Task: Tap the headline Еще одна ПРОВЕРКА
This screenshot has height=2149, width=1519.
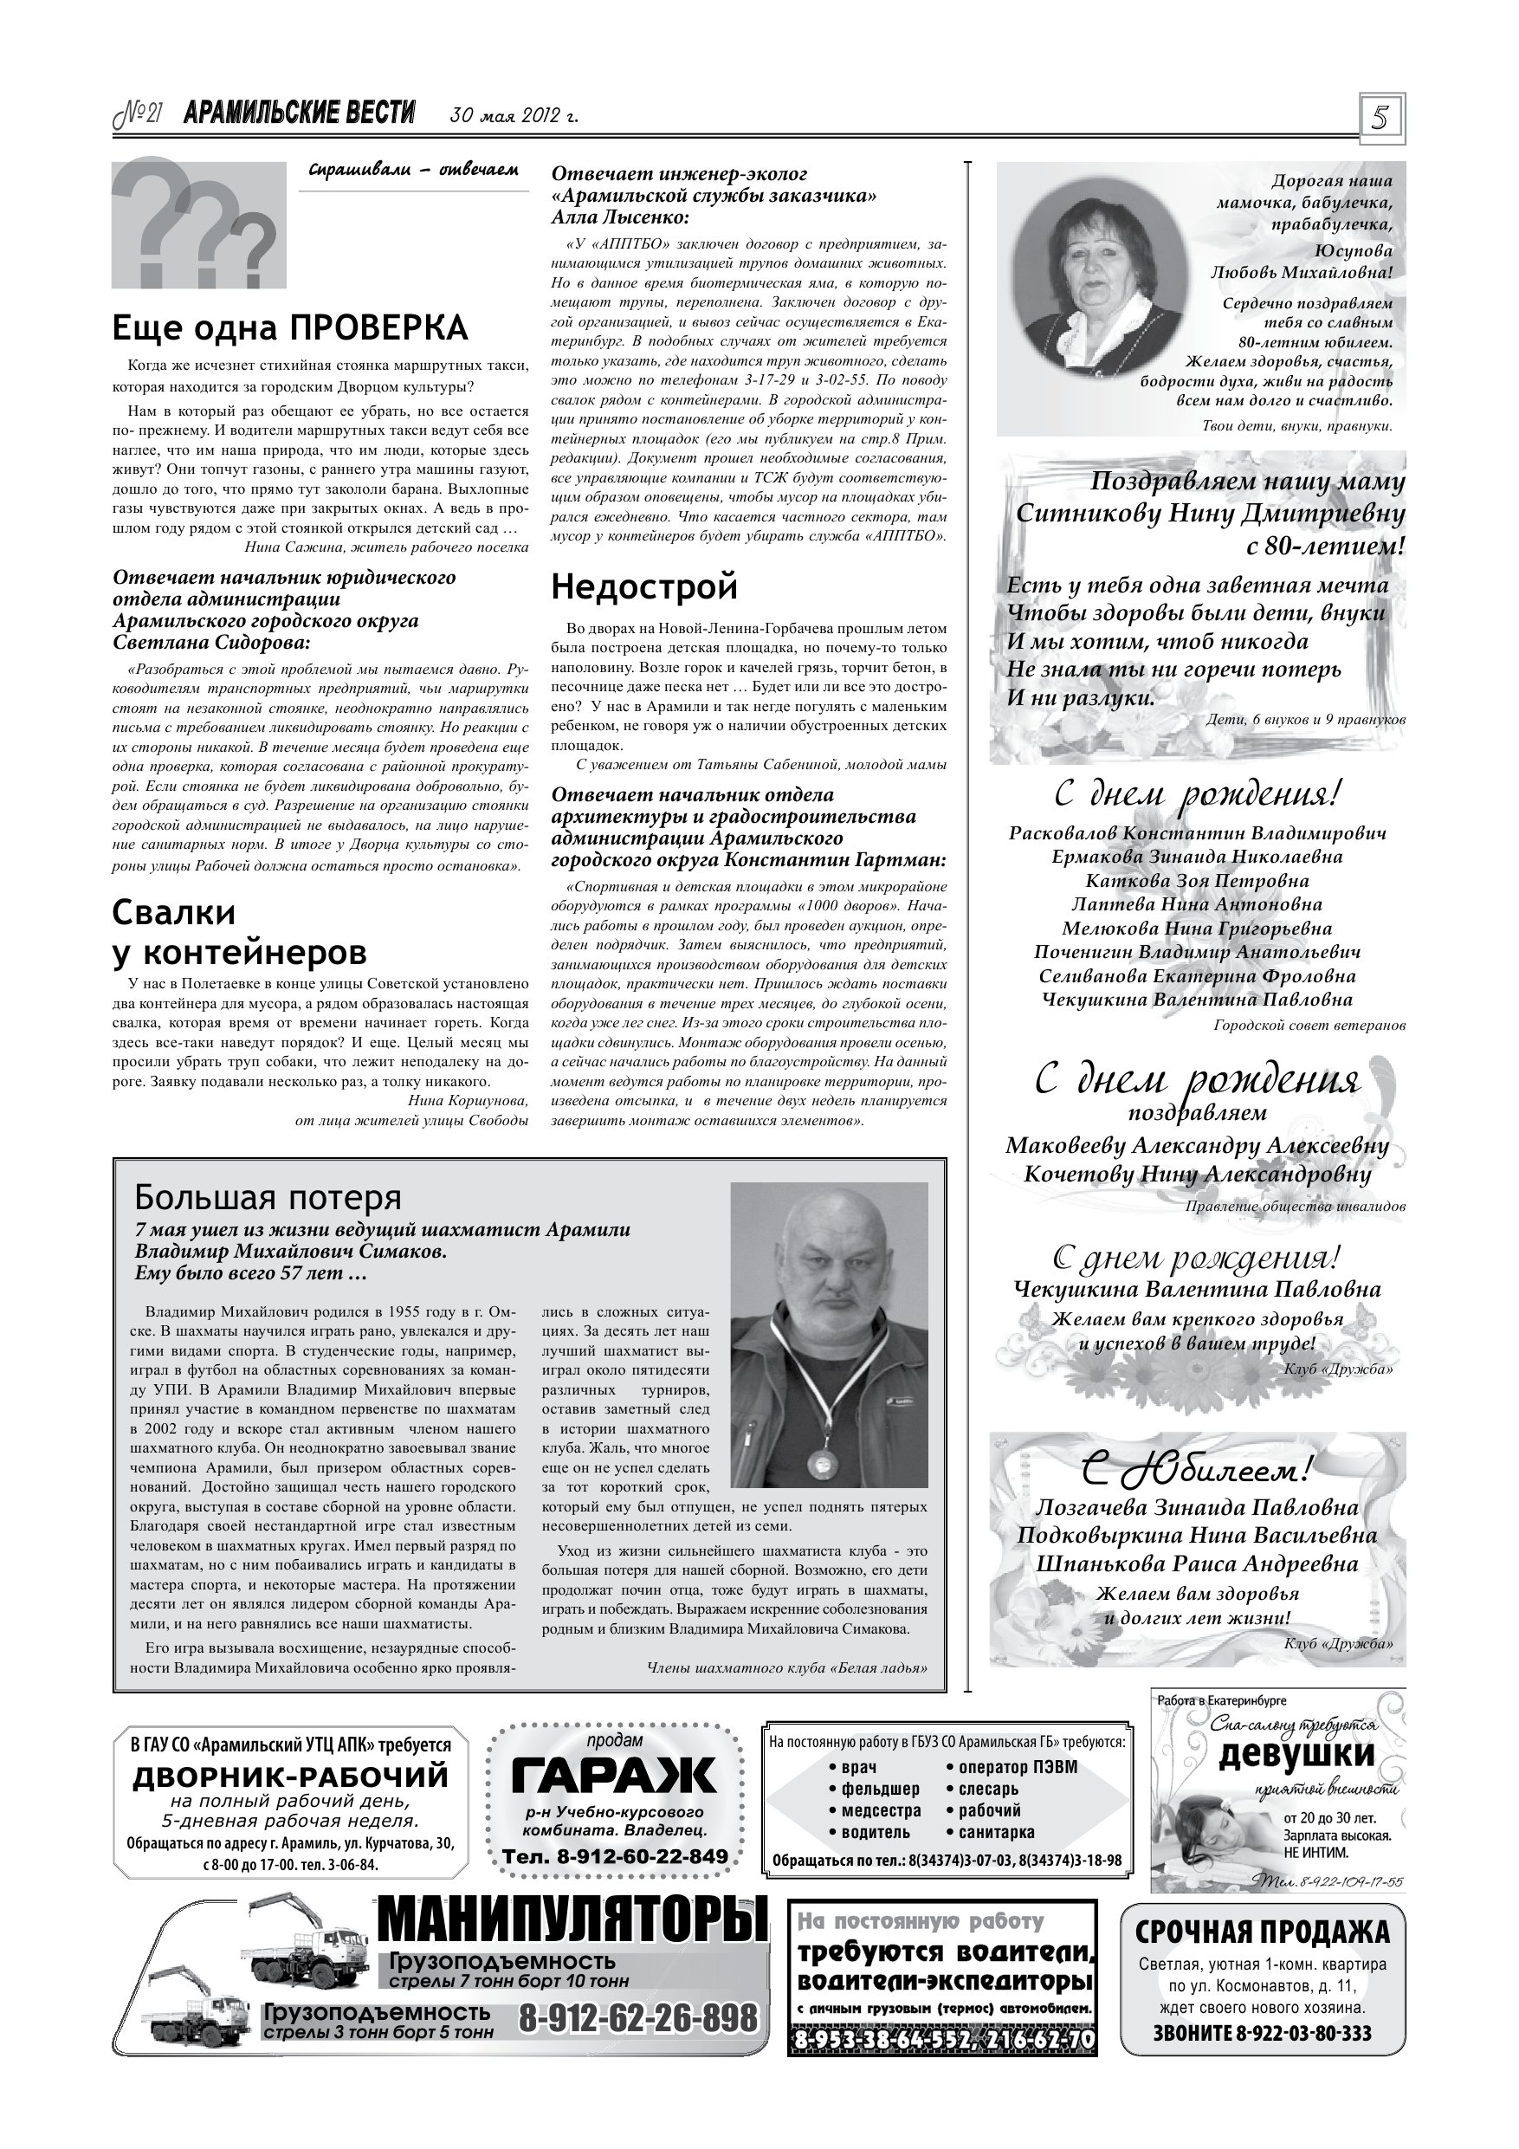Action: (290, 327)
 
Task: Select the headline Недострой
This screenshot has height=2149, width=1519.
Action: (644, 587)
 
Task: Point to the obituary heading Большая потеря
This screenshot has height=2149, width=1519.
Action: (268, 1197)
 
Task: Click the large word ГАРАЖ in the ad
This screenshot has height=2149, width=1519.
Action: (614, 1775)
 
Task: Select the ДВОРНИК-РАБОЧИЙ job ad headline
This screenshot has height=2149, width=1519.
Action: (291, 1776)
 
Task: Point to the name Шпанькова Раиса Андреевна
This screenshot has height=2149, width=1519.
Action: (1197, 1564)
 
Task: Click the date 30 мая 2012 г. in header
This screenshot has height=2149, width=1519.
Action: (514, 116)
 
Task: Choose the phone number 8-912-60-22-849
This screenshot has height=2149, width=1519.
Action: (615, 1856)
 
